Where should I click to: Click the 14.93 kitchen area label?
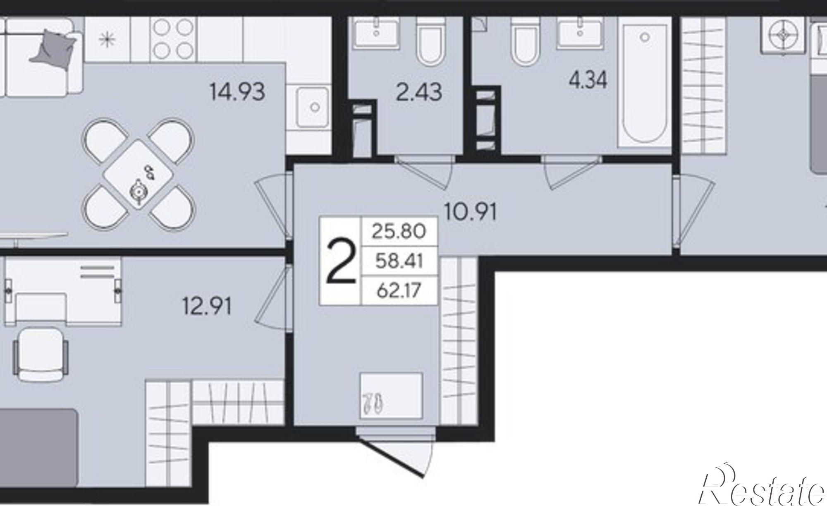(x=237, y=91)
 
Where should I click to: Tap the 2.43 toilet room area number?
(x=419, y=92)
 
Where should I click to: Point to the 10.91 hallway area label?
(x=471, y=212)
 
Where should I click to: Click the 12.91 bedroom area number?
(x=207, y=307)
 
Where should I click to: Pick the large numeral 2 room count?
(x=341, y=262)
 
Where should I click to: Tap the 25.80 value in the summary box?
(x=399, y=231)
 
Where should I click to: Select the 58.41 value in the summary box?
(x=399, y=261)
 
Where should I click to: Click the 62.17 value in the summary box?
(x=399, y=290)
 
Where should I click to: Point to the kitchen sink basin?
(x=313, y=107)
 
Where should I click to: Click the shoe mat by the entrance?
(x=391, y=396)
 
